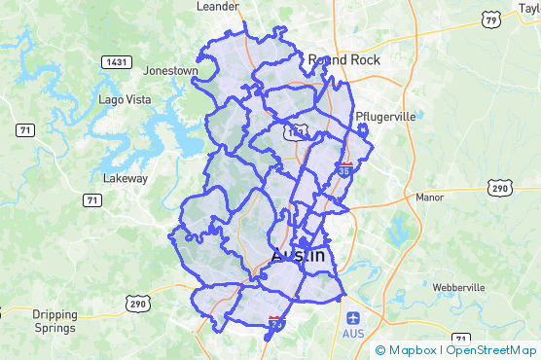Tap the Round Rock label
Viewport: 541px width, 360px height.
[x=343, y=59]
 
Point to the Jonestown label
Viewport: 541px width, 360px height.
[x=170, y=71]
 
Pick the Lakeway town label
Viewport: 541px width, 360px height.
[x=126, y=178]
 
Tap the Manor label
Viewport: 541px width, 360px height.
[x=429, y=197]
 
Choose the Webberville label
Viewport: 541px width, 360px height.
[x=457, y=288]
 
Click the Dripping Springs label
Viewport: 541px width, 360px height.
[x=54, y=320]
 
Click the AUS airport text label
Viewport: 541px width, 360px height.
[x=353, y=334]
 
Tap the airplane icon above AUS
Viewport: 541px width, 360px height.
[x=353, y=317]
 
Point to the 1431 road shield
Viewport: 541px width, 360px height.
[x=116, y=61]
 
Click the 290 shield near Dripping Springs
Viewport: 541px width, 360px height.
[x=135, y=304]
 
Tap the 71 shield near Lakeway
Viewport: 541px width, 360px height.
[x=92, y=200]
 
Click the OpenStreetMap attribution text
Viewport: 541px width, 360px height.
[x=491, y=350]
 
